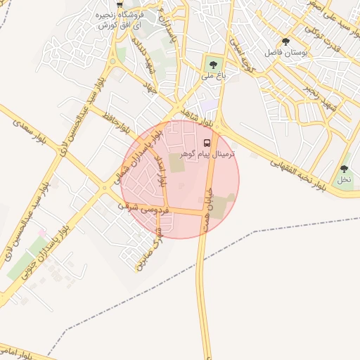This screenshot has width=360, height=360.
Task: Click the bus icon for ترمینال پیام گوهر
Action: (x=206, y=143)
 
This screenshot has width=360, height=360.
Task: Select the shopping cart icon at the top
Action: (x=119, y=4)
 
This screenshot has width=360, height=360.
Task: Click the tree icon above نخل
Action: (x=344, y=169)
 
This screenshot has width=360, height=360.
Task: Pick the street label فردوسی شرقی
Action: (x=138, y=208)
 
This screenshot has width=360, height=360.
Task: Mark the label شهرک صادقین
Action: (x=150, y=248)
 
